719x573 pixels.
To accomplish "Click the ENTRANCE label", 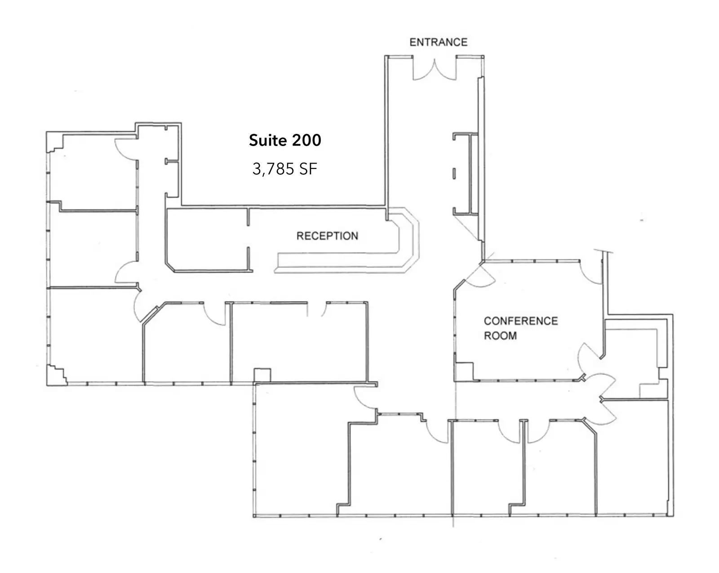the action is [438, 42].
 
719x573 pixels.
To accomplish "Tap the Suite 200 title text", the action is [285, 140].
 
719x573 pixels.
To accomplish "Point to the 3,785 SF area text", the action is [284, 169].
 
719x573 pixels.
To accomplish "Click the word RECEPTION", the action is [327, 236].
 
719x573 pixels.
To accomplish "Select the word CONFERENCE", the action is [521, 321].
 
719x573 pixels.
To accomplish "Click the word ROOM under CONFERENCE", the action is [500, 335].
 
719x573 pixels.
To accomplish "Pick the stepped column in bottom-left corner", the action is [56, 374].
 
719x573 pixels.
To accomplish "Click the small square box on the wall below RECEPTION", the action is [262, 375].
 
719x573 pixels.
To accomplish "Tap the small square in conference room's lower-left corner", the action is [464, 371].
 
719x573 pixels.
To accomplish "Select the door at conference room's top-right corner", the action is [591, 272].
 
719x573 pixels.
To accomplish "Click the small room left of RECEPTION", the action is [207, 240].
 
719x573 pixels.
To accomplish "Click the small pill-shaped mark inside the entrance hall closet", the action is [454, 173].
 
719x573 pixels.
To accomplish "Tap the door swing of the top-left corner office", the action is [126, 149].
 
